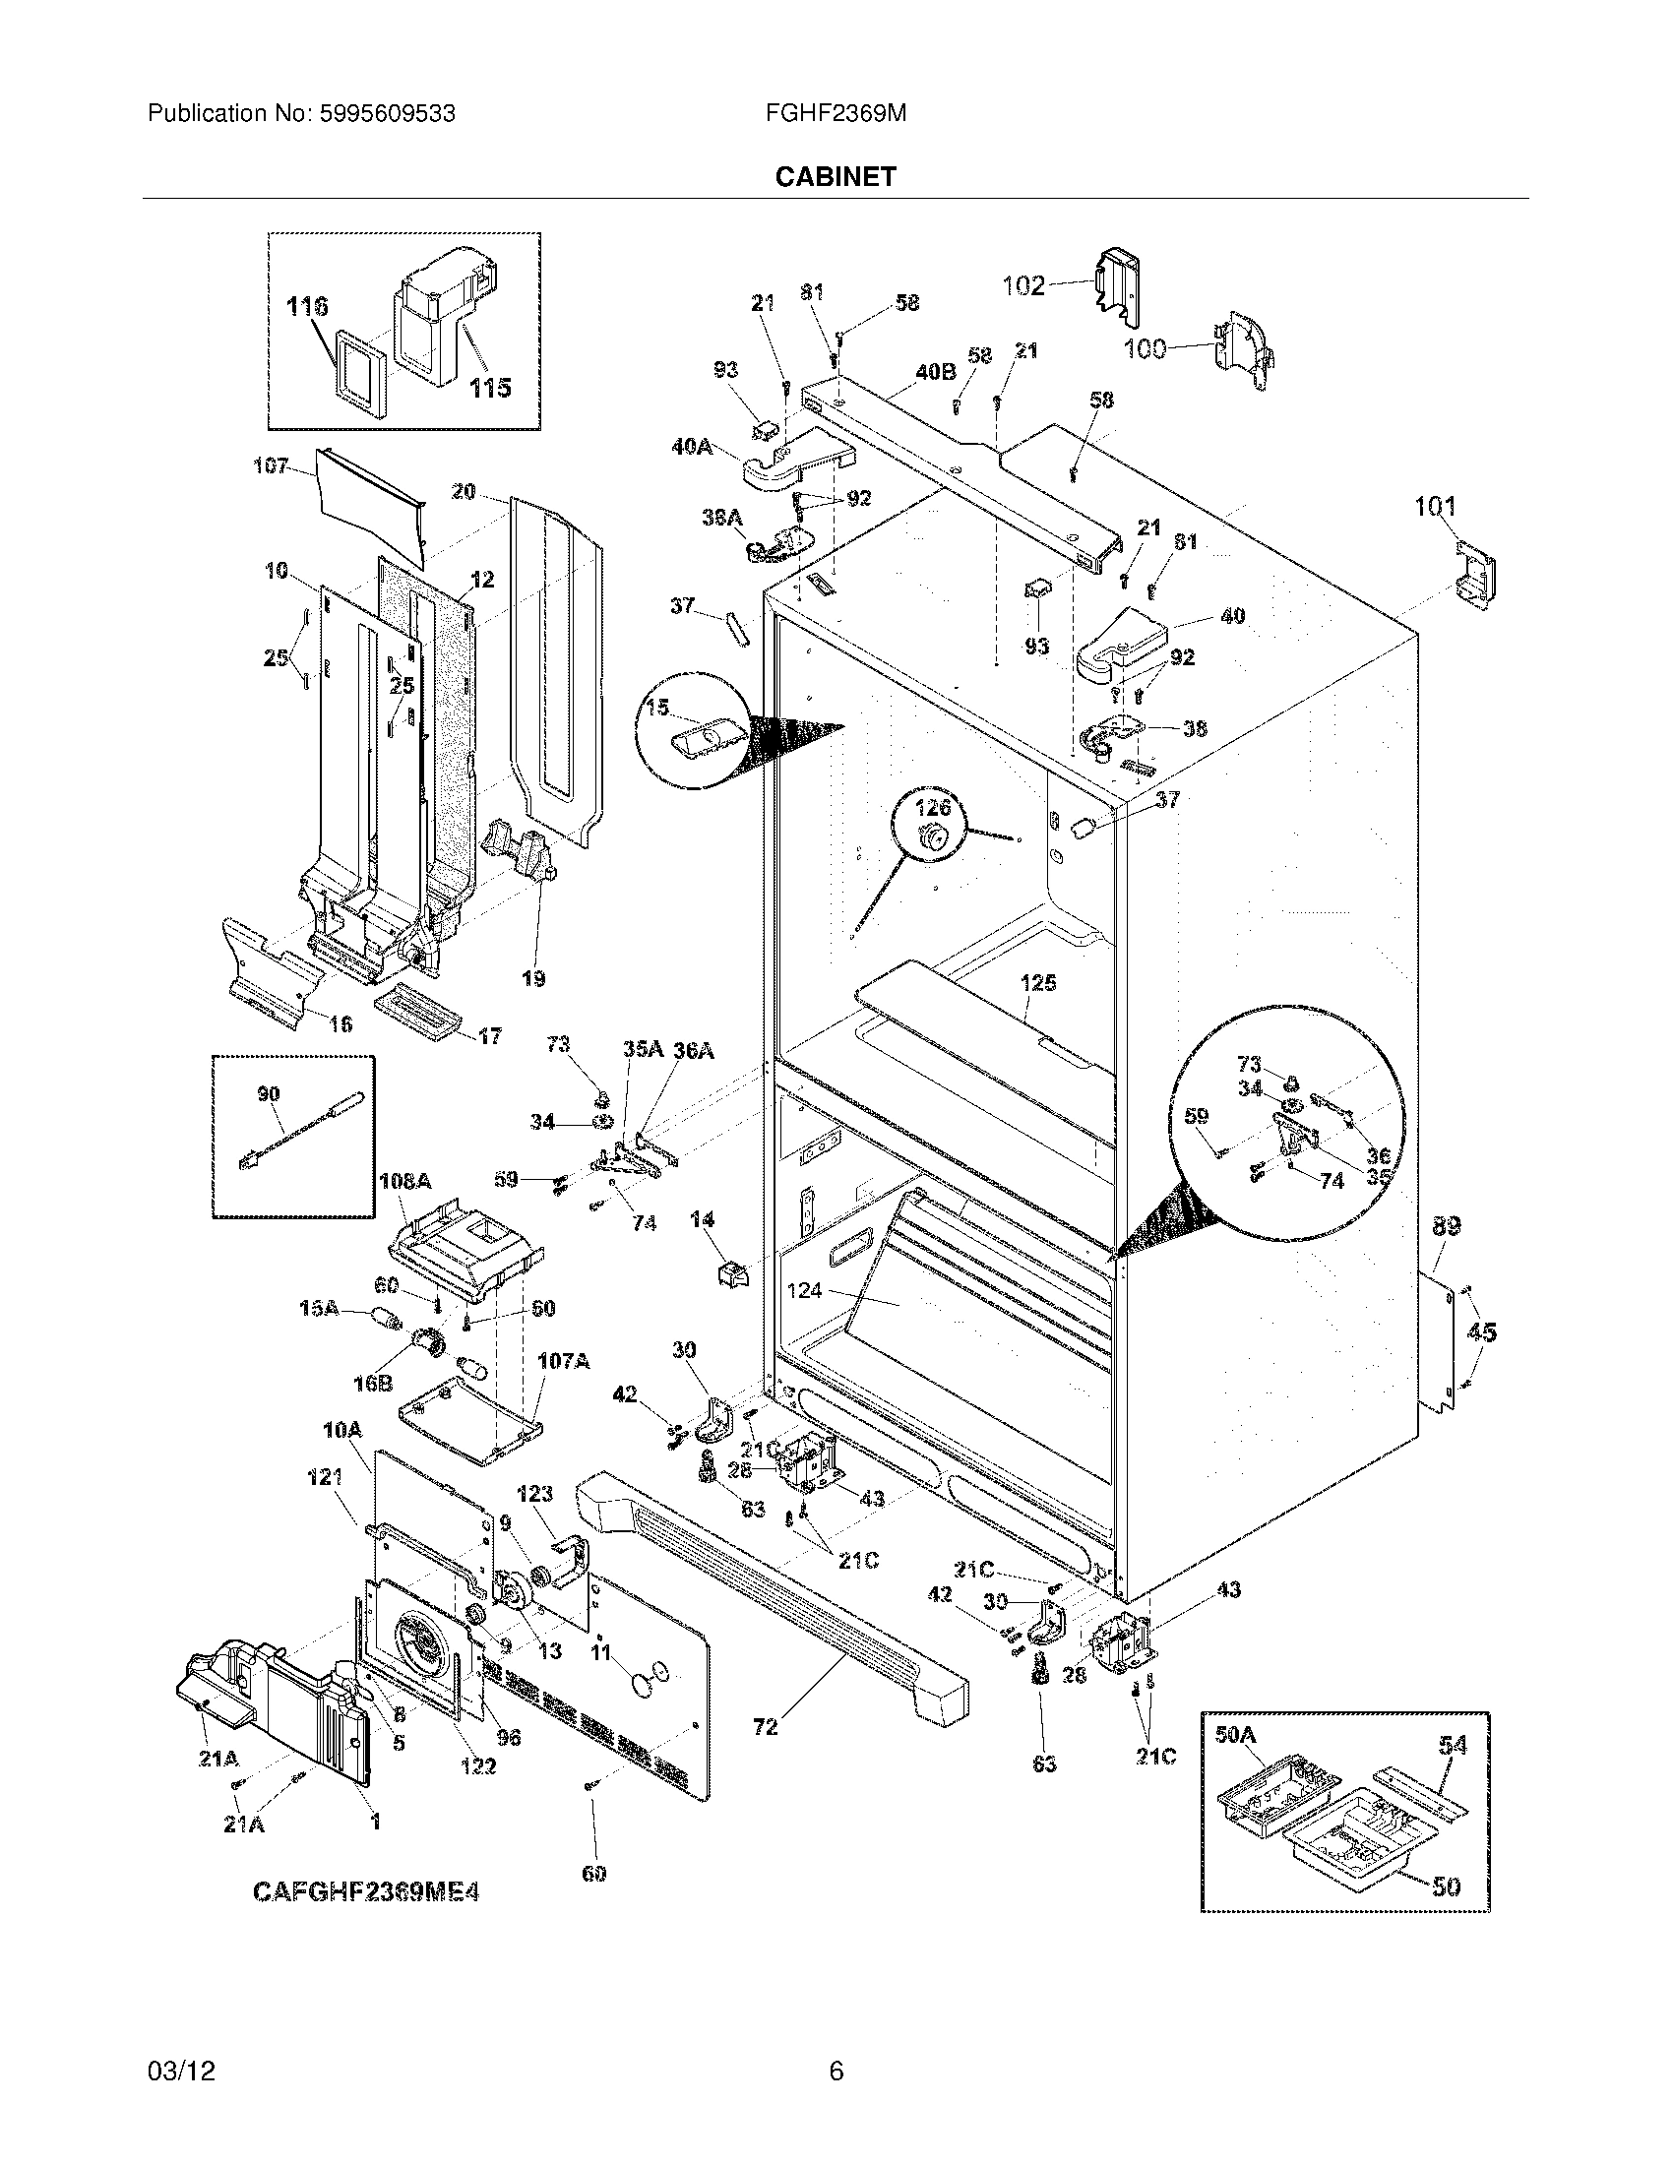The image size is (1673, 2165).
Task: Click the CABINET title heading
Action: tap(835, 176)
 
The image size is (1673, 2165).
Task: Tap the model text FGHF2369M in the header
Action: tap(835, 114)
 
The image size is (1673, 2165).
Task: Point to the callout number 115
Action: tap(490, 387)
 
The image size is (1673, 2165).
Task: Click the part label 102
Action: tap(1022, 285)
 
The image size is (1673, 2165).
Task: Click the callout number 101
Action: tap(1434, 508)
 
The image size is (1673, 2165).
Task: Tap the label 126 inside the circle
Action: tap(932, 807)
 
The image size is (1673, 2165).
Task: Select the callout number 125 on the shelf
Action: tap(1037, 982)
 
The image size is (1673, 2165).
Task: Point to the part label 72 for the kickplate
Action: tap(765, 1727)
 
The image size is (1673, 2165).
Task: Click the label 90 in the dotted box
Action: tap(268, 1093)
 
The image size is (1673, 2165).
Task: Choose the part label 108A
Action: tap(404, 1182)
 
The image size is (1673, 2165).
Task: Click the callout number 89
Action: tap(1446, 1226)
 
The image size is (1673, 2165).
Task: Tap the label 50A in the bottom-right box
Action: tap(1235, 1735)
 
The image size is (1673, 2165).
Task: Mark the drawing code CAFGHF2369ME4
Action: tap(366, 1892)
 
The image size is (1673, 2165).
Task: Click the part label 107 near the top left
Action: tap(270, 464)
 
